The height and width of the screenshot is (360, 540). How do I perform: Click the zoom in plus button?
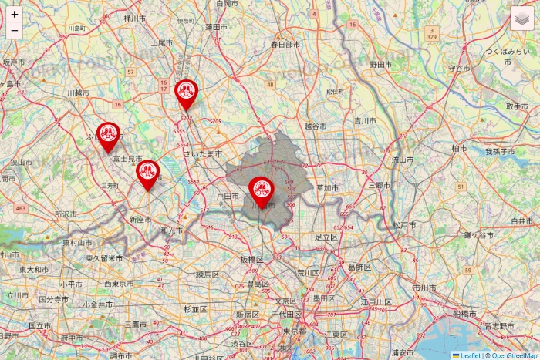pos(15,14)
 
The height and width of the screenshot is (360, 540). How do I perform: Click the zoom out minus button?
pos(15,30)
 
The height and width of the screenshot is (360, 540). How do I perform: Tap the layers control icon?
pos(522,18)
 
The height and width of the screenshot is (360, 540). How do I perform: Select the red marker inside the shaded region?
pos(261,189)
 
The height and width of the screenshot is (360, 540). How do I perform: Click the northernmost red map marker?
pos(185,93)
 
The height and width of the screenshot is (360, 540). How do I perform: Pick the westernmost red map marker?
pos(107,134)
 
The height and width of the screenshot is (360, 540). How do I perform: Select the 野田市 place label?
pos(383,65)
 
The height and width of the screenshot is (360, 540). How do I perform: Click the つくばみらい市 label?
pos(510,51)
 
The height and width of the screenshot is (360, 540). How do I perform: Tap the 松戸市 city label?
pos(404,225)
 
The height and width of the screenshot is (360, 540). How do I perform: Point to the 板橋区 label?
pos(251,260)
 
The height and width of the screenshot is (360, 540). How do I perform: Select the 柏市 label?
pos(459,147)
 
